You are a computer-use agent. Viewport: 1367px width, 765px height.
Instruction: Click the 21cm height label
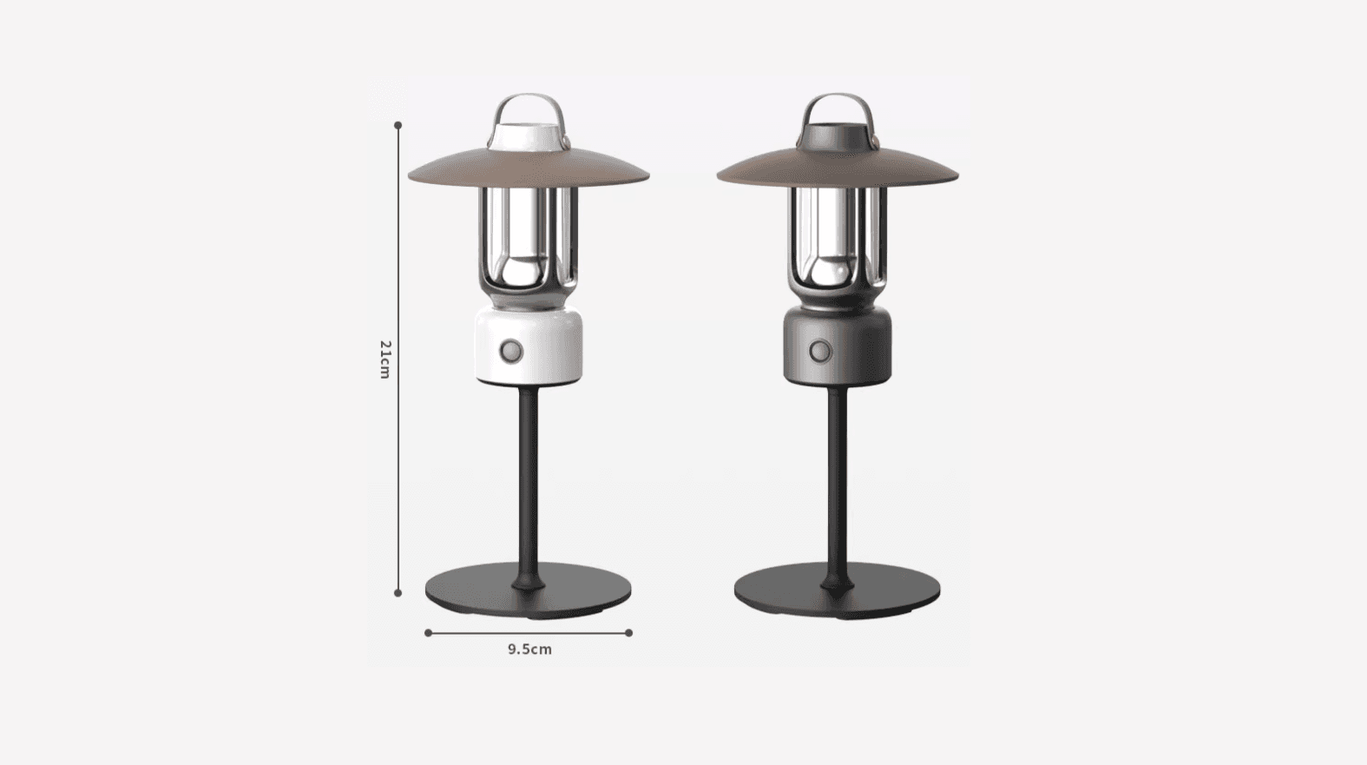tap(384, 359)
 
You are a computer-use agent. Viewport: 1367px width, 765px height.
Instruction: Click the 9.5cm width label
tap(529, 649)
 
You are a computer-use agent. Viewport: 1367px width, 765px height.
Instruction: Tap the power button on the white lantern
tap(511, 351)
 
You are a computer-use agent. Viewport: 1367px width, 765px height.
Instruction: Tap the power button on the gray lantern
tap(821, 352)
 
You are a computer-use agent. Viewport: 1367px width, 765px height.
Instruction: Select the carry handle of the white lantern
tap(529, 97)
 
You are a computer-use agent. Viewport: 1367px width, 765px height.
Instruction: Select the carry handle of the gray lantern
tap(838, 97)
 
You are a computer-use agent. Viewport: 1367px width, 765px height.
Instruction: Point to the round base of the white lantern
tap(529, 592)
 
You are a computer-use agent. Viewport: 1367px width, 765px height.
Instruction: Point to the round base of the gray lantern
tap(838, 592)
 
